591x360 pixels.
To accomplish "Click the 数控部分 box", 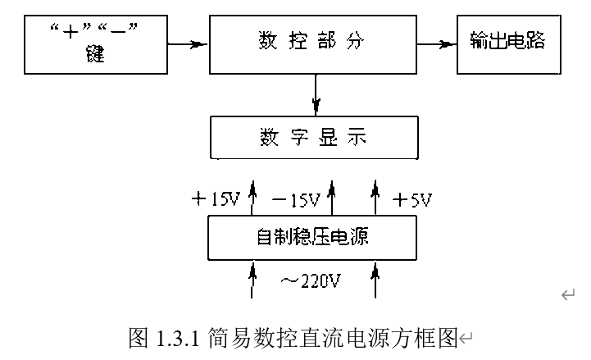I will pos(315,42).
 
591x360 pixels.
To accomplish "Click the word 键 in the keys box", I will pos(95,57).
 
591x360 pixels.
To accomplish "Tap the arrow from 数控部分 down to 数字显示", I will pos(316,95).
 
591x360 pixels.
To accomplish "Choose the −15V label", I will pos(294,199).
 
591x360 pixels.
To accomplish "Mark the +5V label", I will pos(412,199).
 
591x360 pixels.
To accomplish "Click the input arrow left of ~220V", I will pos(253,279).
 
